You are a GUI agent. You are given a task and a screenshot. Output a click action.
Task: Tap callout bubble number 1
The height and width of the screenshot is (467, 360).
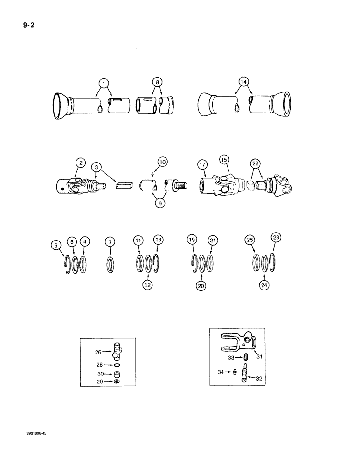pyautogui.click(x=105, y=84)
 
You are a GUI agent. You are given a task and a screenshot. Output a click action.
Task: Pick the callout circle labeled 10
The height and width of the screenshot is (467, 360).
pyautogui.click(x=162, y=162)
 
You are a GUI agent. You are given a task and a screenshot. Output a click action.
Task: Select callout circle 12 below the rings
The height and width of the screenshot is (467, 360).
pyautogui.click(x=148, y=283)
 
